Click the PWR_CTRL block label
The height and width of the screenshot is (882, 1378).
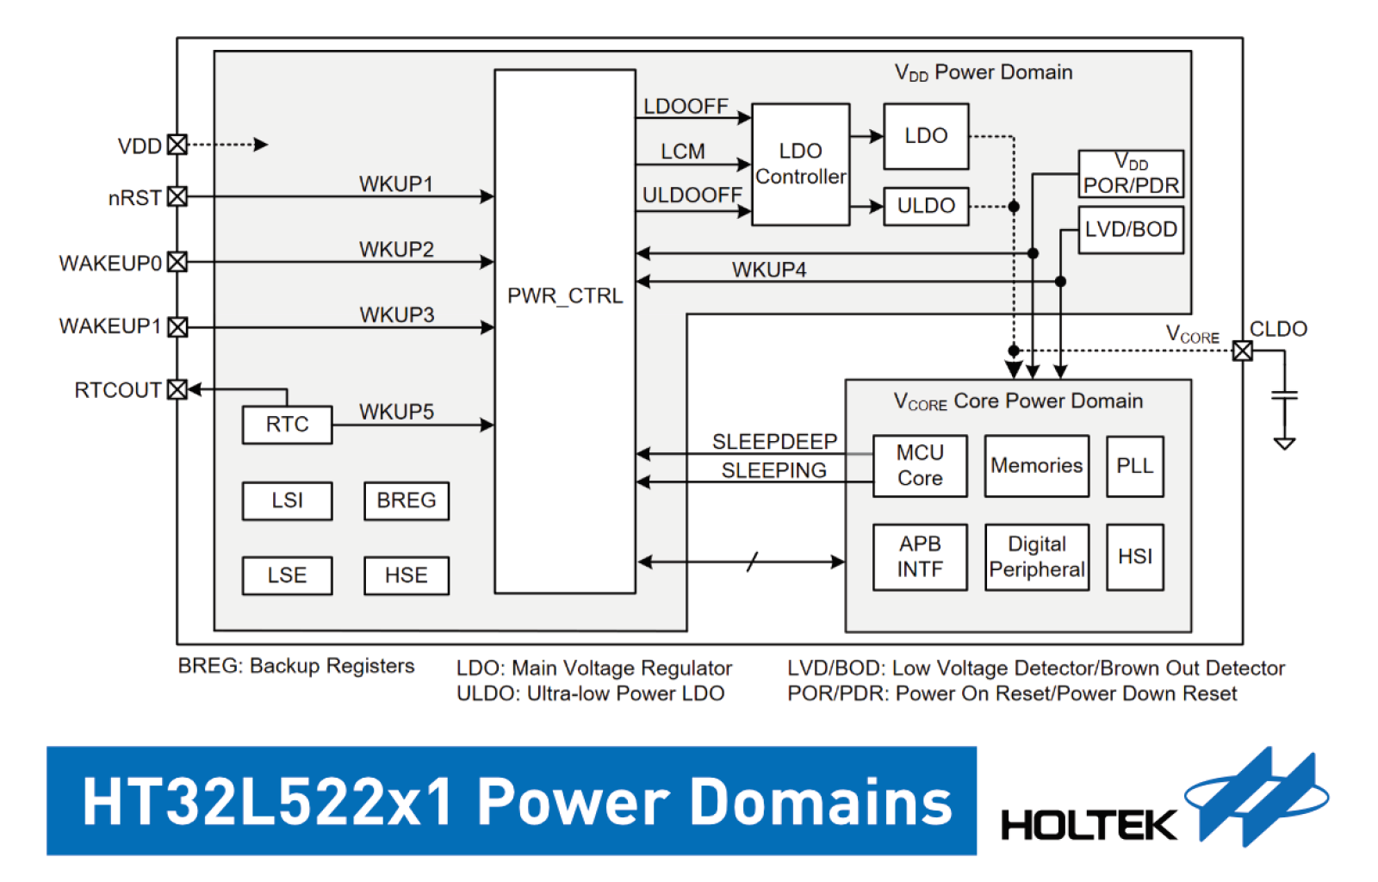click(565, 295)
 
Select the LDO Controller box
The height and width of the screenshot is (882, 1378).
click(800, 165)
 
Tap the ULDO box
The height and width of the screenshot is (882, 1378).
click(926, 206)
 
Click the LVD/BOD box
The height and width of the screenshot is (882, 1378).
click(1131, 229)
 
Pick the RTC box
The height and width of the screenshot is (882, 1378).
click(288, 425)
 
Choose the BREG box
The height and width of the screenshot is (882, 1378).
click(407, 500)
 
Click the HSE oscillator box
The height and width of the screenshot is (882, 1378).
click(407, 575)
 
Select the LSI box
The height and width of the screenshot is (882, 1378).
click(288, 500)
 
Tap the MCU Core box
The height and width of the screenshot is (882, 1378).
click(920, 466)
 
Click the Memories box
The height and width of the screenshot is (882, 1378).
click(1037, 466)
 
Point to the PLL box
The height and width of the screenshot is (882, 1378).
click(1135, 466)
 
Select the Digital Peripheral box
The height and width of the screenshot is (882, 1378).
click(1037, 557)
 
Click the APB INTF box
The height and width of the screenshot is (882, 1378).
click(920, 557)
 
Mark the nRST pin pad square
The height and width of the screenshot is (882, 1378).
click(177, 197)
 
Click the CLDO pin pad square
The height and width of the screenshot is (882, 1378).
click(1242, 351)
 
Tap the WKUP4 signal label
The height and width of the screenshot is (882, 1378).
click(769, 270)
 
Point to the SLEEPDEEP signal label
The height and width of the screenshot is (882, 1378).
click(774, 441)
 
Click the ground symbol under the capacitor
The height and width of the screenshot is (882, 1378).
click(1284, 444)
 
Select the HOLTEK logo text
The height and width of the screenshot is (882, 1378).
click(1089, 825)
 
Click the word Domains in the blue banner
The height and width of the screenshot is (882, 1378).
click(822, 801)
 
